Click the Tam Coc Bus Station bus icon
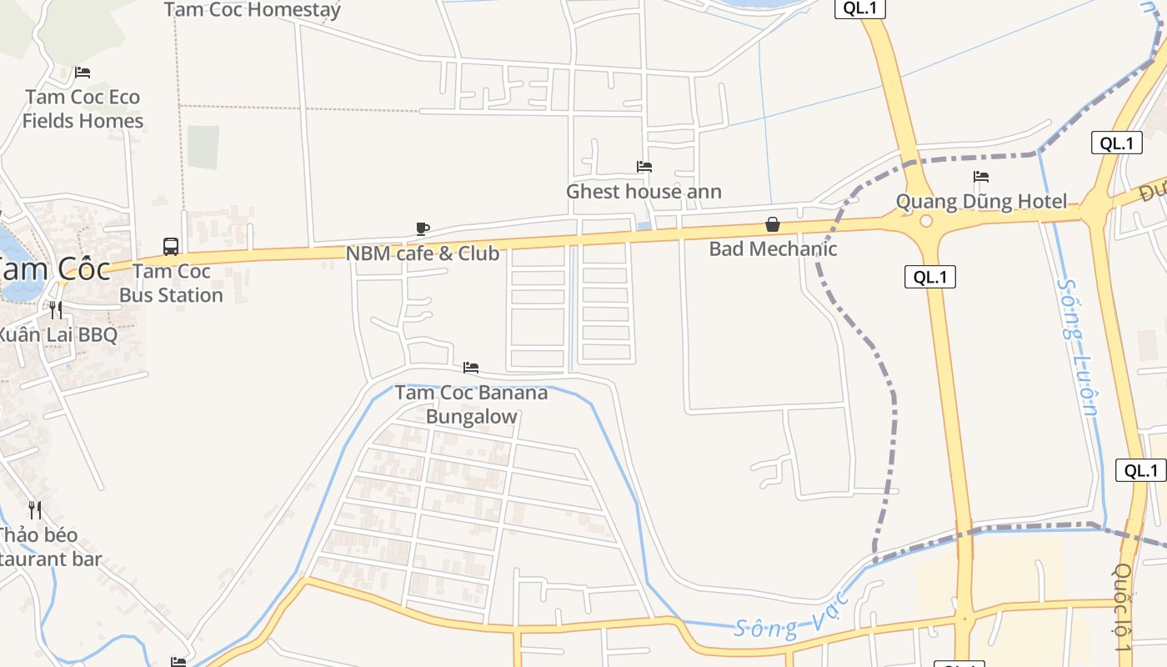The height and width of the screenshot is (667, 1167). pyautogui.click(x=171, y=246)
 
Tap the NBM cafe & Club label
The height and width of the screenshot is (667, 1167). pyautogui.click(x=423, y=253)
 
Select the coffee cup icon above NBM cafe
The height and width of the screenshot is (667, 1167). pyautogui.click(x=423, y=228)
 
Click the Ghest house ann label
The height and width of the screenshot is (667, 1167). pyautogui.click(x=644, y=192)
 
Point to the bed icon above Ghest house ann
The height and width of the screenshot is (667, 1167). pyautogui.click(x=644, y=167)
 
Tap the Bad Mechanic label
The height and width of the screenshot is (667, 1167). pyautogui.click(x=773, y=248)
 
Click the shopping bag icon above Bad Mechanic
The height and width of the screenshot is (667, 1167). pyautogui.click(x=773, y=224)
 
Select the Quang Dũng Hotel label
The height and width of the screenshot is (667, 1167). pyautogui.click(x=981, y=201)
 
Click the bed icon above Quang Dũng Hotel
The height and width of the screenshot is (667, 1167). pyautogui.click(x=981, y=177)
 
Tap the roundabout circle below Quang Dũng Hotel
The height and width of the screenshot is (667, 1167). pyautogui.click(x=925, y=221)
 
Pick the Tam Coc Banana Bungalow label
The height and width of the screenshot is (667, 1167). pyautogui.click(x=471, y=404)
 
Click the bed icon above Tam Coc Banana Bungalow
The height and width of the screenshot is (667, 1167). pyautogui.click(x=471, y=368)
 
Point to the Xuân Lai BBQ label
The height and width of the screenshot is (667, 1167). pyautogui.click(x=56, y=335)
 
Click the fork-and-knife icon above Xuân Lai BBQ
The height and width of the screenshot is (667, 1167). pyautogui.click(x=56, y=310)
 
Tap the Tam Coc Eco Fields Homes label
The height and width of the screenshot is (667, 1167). pyautogui.click(x=83, y=109)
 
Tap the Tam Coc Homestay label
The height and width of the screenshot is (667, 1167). pyautogui.click(x=253, y=10)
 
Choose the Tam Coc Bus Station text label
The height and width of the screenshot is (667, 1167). pyautogui.click(x=171, y=283)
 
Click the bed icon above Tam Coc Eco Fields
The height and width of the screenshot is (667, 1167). pyautogui.click(x=83, y=73)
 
